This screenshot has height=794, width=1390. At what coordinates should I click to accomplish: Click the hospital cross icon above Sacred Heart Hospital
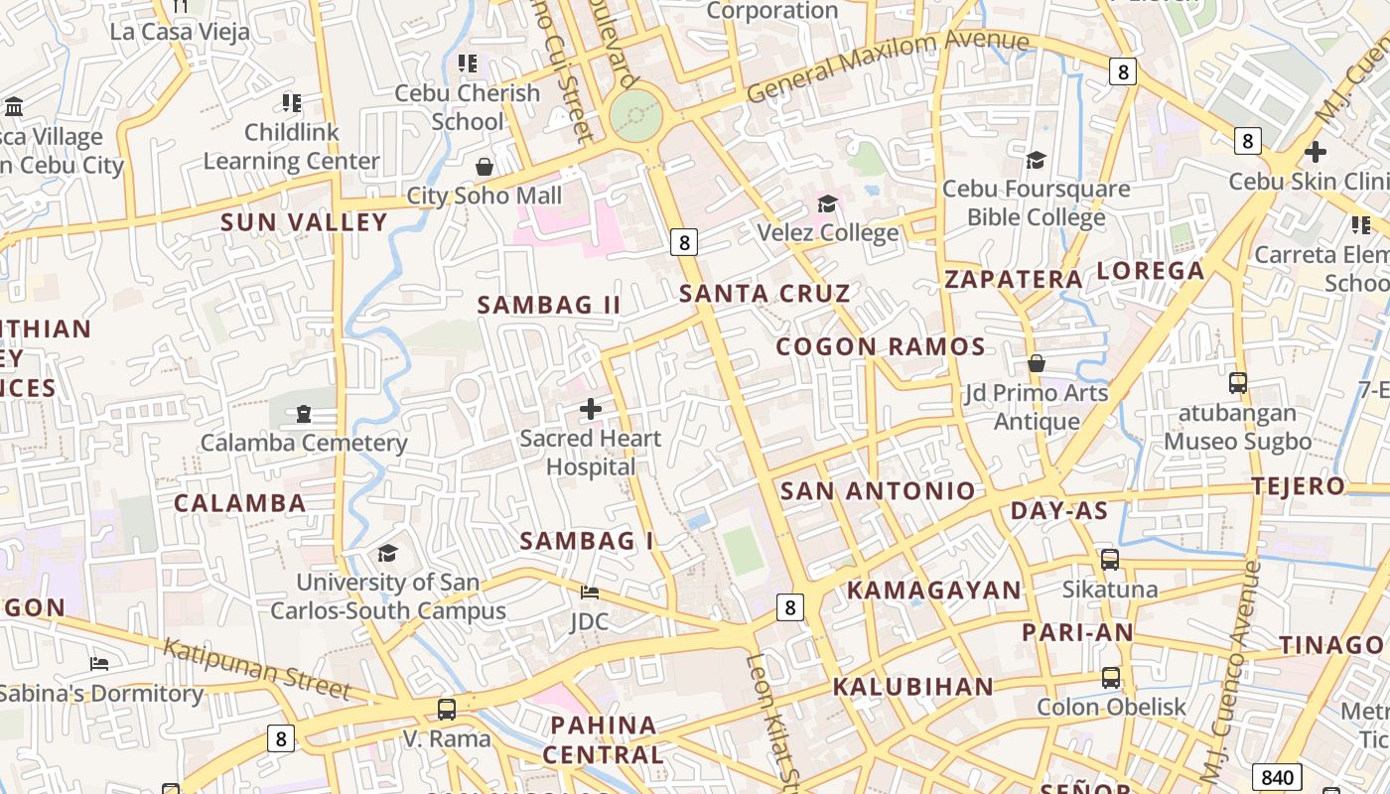click(x=591, y=409)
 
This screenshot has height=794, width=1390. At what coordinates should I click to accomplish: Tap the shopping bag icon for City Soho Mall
click(x=485, y=167)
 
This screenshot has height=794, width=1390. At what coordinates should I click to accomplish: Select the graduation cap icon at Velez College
click(x=827, y=204)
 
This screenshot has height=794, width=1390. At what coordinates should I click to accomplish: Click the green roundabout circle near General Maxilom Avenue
click(x=635, y=116)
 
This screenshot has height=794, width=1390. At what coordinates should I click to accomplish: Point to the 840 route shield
click(x=1277, y=777)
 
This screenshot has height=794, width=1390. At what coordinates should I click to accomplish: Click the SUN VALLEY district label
click(x=304, y=222)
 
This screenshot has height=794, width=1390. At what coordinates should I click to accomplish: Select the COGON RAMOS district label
click(x=881, y=347)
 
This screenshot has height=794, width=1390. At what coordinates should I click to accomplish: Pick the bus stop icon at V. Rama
click(x=447, y=710)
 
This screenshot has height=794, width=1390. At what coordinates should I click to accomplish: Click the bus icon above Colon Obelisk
click(x=1111, y=678)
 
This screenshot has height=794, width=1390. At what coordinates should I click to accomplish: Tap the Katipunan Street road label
click(x=257, y=669)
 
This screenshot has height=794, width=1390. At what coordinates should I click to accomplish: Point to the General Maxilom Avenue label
click(x=887, y=66)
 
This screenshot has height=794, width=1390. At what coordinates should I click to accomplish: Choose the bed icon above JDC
click(x=590, y=593)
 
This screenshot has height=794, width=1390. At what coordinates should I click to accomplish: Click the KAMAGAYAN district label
click(x=933, y=591)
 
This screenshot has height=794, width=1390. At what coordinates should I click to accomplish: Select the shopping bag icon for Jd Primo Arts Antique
click(x=1037, y=363)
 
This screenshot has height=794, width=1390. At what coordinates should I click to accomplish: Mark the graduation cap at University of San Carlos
click(x=387, y=553)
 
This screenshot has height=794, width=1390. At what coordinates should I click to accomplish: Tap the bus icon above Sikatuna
click(x=1110, y=560)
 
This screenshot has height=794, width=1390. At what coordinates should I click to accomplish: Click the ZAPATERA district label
click(x=1014, y=280)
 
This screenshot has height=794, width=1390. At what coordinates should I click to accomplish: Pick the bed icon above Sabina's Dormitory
click(x=99, y=663)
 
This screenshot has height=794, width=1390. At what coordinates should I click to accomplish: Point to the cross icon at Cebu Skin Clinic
click(x=1316, y=152)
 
